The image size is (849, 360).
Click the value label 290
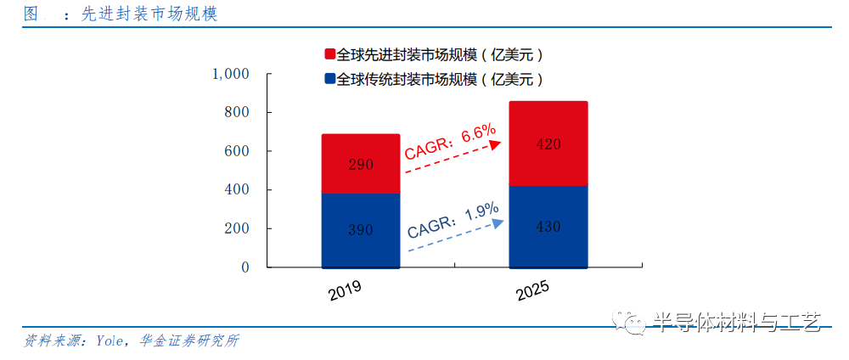coord(361,165)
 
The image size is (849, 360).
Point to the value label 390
coord(361,230)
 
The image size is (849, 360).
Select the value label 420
coord(548,144)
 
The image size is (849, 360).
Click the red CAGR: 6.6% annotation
coord(449,143)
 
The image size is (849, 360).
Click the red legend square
coord(329,54)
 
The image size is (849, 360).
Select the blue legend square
coord(329,80)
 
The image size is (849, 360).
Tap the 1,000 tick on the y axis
coord(230,74)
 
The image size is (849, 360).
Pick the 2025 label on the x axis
coord(532,291)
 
